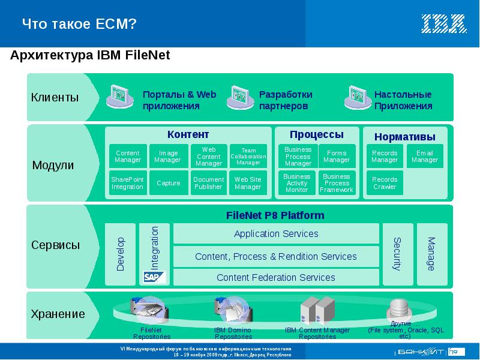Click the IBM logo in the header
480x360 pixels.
pyautogui.click(x=443, y=24)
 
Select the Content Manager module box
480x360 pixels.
pyautogui.click(x=127, y=157)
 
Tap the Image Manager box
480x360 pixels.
pyautogui.click(x=167, y=157)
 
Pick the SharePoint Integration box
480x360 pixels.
pyautogui.click(x=127, y=183)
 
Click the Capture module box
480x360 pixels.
pyautogui.click(x=167, y=183)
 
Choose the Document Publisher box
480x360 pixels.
pyautogui.click(x=208, y=183)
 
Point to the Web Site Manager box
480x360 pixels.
pyautogui.click(x=248, y=183)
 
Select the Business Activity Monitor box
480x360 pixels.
pyautogui.click(x=297, y=183)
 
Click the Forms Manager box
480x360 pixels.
pyautogui.click(x=337, y=157)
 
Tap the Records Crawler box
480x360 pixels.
pyautogui.click(x=385, y=183)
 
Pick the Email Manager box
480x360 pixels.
pyautogui.click(x=425, y=157)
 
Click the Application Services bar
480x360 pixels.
pyautogui.click(x=276, y=234)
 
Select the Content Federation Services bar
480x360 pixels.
pyautogui.click(x=276, y=277)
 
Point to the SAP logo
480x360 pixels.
pyautogui.click(x=153, y=277)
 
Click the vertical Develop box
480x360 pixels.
pyautogui.click(x=121, y=254)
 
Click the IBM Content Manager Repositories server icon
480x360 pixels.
pyautogui.click(x=316, y=310)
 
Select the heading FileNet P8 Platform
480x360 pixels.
pyautogui.click(x=275, y=215)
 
